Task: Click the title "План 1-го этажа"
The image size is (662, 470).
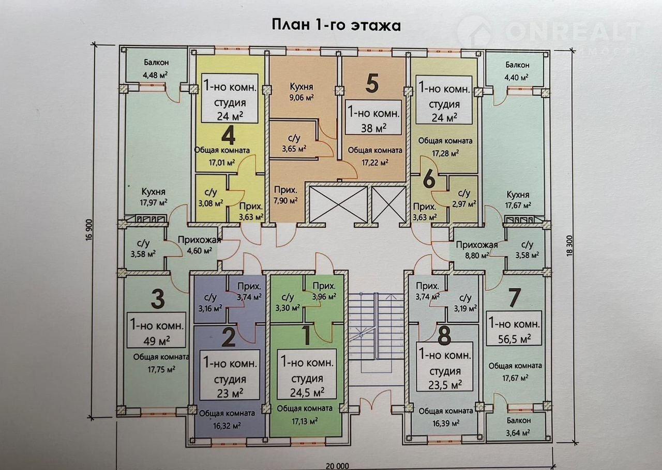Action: click(x=336, y=25)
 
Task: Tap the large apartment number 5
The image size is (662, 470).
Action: click(x=372, y=84)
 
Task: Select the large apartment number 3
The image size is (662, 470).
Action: click(x=158, y=299)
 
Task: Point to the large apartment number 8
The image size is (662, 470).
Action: click(x=444, y=335)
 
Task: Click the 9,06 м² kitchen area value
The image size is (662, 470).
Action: click(x=302, y=98)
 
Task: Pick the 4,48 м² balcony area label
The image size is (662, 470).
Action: click(x=155, y=75)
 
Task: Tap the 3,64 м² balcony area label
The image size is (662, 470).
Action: click(x=517, y=433)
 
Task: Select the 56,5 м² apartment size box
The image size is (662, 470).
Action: click(x=514, y=328)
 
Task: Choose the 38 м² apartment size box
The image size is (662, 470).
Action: click(x=373, y=117)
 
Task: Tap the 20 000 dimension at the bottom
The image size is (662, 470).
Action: click(x=337, y=466)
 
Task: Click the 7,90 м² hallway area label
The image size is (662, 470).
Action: click(x=285, y=201)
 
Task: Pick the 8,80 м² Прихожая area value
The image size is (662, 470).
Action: click(x=477, y=255)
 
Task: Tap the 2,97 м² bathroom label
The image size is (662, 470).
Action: click(x=464, y=204)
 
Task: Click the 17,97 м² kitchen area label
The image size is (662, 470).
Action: click(x=154, y=203)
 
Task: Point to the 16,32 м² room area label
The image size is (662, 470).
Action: click(x=227, y=426)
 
